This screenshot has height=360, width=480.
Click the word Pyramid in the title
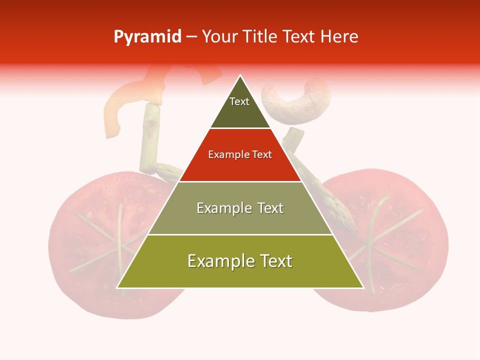point(147,36)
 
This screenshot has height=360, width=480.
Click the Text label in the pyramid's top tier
point(239,101)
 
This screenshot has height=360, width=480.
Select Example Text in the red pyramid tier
point(240,154)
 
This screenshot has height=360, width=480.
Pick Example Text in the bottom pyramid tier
point(240,261)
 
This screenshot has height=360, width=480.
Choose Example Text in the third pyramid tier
point(240,208)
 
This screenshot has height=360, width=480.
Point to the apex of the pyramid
point(240,75)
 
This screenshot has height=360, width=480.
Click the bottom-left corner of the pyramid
point(117,287)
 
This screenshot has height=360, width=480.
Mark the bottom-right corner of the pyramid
point(363,287)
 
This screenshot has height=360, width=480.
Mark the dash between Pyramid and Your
point(191,37)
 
